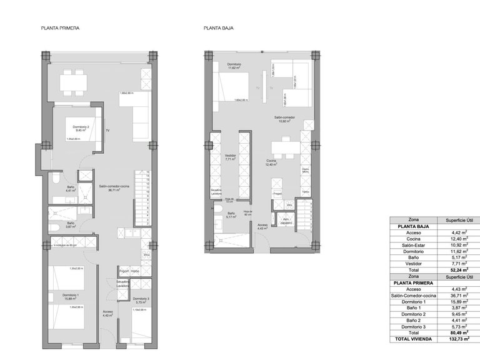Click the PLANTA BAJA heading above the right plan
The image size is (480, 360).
tap(218, 29)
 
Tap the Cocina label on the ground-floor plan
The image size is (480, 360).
tap(271, 162)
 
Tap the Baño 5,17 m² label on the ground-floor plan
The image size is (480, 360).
tap(231, 216)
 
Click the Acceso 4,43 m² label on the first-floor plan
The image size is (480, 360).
tap(108, 313)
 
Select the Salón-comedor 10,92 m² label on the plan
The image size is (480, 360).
tap(284, 119)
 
